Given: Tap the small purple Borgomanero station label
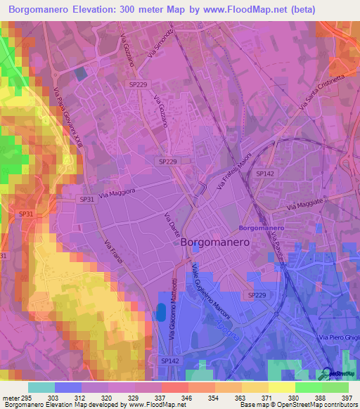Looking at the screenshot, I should pos(261,228).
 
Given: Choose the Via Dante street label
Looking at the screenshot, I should pos(172,224).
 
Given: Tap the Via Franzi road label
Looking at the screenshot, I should pos(113,252).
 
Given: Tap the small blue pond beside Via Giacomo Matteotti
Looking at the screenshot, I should pos(162,313).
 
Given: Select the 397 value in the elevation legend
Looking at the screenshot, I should pos(347,398).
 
